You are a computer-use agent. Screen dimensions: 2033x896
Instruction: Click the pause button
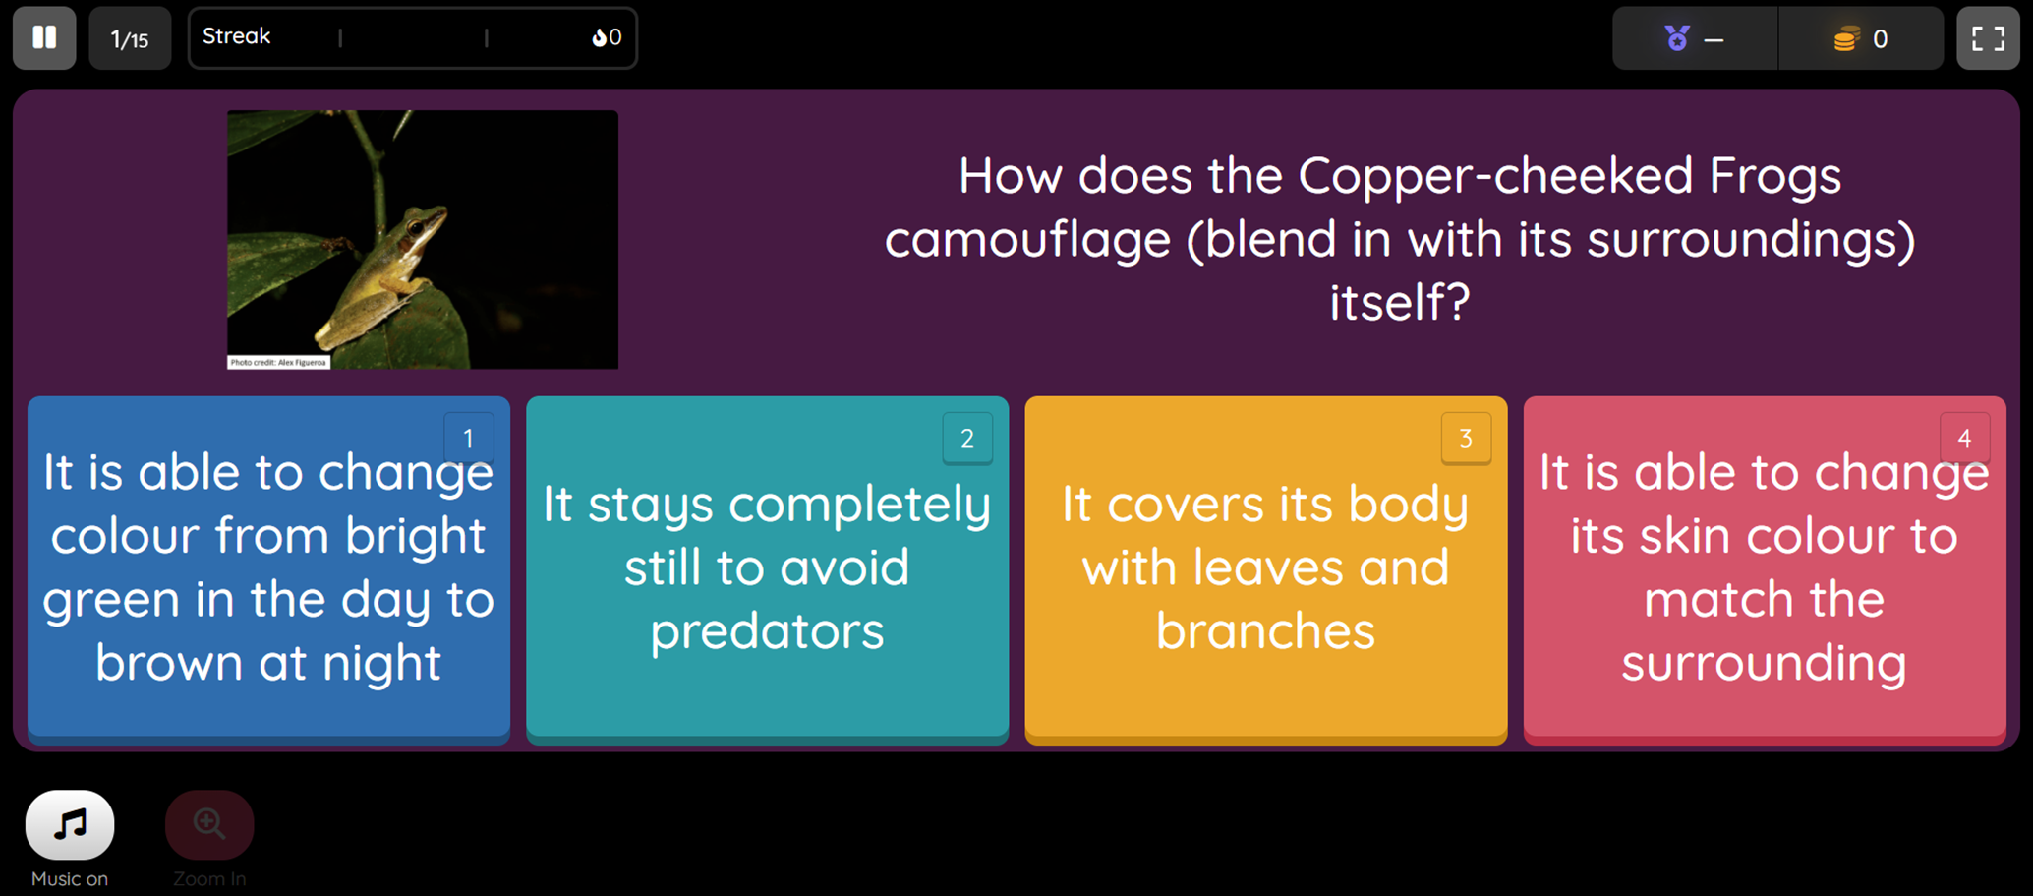[44, 38]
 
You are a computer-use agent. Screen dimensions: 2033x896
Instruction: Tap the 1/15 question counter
[130, 38]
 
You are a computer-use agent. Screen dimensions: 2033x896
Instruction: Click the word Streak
[236, 36]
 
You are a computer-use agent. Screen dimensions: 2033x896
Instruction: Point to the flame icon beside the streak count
[599, 37]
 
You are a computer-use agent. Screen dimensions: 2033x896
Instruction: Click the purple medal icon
[1677, 38]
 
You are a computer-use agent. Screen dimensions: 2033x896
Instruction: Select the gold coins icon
[1846, 39]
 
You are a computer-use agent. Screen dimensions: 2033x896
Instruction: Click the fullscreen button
[1988, 38]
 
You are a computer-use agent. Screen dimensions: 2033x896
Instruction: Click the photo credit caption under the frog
[278, 362]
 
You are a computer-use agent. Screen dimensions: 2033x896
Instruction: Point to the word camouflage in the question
[1027, 239]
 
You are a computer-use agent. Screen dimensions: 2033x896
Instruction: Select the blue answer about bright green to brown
[268, 568]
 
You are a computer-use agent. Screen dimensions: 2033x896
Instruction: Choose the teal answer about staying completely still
[767, 568]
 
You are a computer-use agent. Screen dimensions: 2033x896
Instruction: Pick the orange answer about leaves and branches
[1266, 568]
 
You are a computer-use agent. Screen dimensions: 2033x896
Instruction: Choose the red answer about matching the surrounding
[1765, 568]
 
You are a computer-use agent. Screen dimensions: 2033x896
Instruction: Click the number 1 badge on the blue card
[469, 438]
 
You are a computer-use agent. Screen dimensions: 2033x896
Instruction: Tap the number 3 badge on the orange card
[1466, 438]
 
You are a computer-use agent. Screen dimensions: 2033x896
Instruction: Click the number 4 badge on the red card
[1964, 438]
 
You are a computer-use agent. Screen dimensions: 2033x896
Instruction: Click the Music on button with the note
[70, 824]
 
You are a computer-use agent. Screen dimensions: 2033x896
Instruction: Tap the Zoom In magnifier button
[209, 824]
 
